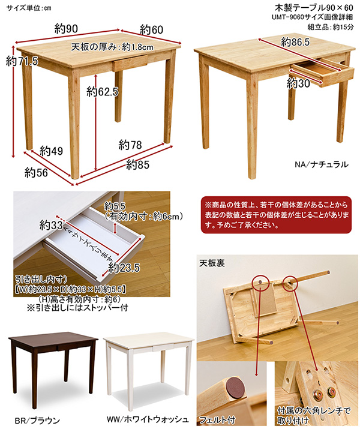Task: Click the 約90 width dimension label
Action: tap(66, 29)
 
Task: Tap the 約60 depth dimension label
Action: tap(151, 30)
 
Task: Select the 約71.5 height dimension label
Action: tap(22, 61)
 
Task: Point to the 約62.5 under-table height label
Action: tap(103, 91)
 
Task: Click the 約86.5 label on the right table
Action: tap(295, 42)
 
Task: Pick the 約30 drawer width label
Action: tap(298, 83)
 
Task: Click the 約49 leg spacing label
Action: tap(51, 151)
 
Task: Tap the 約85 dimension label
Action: tap(138, 165)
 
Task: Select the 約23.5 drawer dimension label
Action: tap(124, 268)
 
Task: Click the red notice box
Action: tap(276, 215)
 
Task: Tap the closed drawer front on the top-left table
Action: tap(130, 63)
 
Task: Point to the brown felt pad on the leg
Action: tap(236, 388)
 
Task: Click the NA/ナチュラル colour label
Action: tap(322, 164)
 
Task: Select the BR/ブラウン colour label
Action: tap(37, 421)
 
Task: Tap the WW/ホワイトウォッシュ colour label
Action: tap(148, 419)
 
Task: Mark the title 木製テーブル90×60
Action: tap(314, 7)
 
